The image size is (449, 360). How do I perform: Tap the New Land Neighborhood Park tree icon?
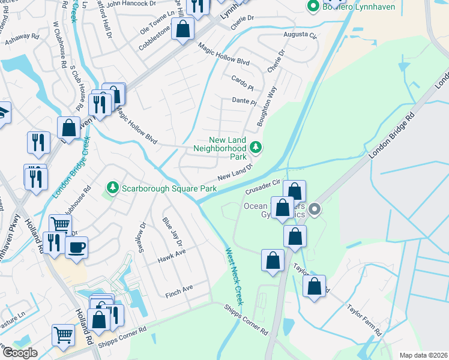[x=256, y=147]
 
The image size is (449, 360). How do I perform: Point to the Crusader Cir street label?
[x=263, y=187]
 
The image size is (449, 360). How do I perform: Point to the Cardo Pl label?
[x=243, y=80]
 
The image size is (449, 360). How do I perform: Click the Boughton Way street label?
[x=267, y=106]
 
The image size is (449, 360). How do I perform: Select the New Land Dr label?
[x=232, y=176]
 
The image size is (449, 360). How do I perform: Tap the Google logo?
[x=19, y=352]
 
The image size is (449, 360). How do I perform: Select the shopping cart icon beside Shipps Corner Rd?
[x=63, y=335]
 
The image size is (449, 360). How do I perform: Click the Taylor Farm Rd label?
[x=364, y=319]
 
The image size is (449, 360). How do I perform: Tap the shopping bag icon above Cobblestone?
[x=183, y=28]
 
